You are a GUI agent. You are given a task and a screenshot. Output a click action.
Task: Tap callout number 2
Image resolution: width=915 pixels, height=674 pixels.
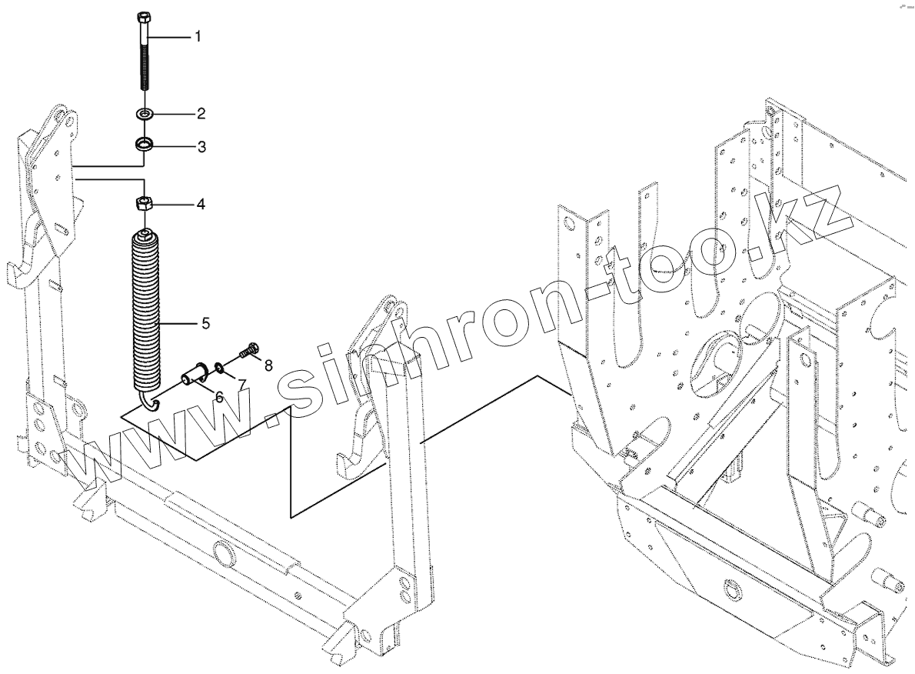[201, 115]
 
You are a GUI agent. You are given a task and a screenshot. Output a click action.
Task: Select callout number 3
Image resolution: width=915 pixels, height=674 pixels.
[201, 146]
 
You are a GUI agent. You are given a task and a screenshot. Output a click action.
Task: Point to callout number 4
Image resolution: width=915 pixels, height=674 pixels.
[200, 205]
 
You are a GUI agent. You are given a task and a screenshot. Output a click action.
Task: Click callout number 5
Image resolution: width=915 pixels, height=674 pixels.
[205, 323]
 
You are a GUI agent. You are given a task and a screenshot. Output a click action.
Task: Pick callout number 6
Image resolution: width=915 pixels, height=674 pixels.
[219, 397]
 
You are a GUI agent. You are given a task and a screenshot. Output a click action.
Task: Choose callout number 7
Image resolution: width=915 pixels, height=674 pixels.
[241, 383]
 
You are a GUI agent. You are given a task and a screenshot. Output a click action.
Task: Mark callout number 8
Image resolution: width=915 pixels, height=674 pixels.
[267, 365]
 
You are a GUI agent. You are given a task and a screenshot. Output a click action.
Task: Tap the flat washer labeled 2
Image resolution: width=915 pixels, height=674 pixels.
[145, 115]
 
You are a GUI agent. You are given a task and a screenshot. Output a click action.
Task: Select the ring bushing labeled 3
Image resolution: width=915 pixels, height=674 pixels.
[144, 144]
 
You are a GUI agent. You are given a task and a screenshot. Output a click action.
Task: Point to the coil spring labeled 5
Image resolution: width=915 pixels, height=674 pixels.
[147, 308]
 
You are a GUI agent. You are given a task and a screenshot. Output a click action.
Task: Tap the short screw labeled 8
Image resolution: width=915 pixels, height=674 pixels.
[247, 351]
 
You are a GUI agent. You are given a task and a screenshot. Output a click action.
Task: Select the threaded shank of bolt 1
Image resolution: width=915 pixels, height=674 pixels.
[145, 69]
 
